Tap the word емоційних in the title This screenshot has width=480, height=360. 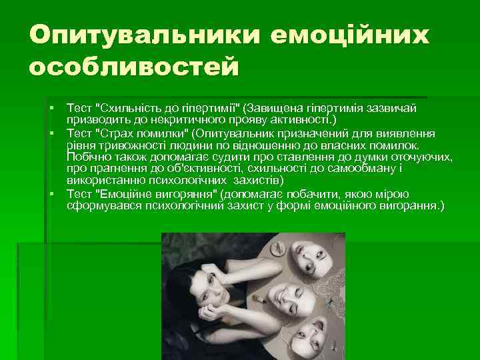coord(351,35)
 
